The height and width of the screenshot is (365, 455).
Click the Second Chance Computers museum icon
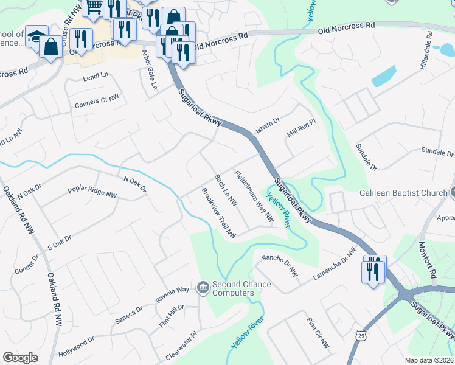(x=203, y=287)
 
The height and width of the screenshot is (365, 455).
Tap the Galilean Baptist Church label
(x=395, y=193)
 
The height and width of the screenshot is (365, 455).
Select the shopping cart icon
(x=94, y=7)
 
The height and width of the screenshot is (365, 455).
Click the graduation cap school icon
(x=36, y=36)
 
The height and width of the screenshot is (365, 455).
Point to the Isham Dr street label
(x=267, y=127)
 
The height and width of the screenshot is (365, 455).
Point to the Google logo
(x=20, y=358)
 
